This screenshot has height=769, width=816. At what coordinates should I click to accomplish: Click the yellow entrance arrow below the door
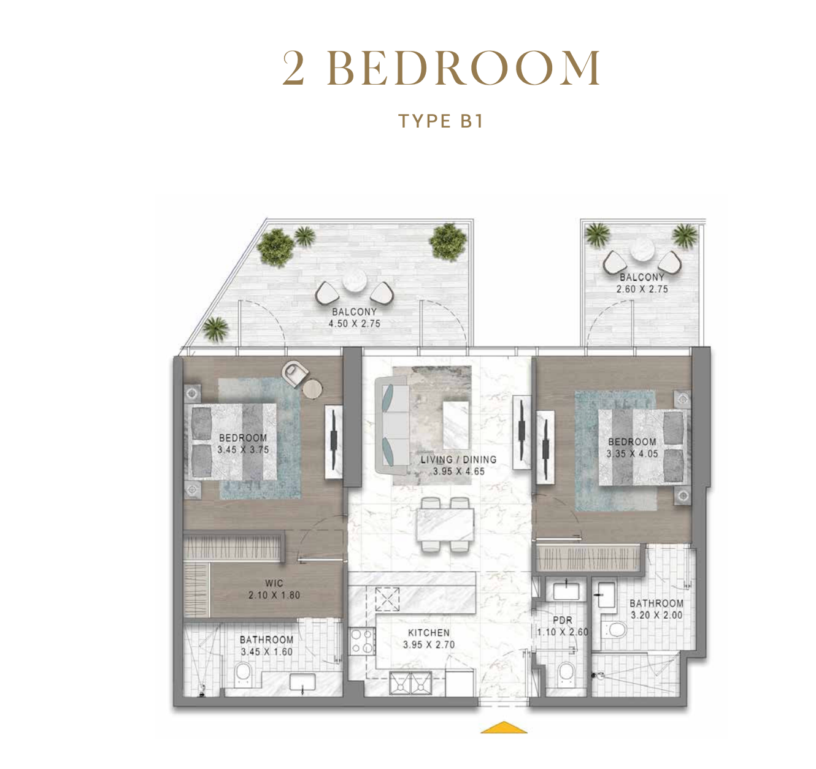[503, 727]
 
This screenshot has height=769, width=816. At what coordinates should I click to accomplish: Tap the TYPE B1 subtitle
[441, 121]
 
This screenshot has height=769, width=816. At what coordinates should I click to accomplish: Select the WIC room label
[274, 583]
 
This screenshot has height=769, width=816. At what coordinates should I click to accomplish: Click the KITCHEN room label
[428, 633]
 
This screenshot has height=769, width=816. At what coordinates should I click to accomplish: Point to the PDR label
[562, 621]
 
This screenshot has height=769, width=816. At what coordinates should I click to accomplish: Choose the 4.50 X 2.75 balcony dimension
[354, 323]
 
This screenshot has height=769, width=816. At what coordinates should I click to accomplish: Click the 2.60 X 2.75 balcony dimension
[642, 289]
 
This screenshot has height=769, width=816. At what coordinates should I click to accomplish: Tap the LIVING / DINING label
[458, 459]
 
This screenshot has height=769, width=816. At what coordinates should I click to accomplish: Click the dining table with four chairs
[445, 524]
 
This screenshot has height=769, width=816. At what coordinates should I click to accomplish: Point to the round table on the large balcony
[355, 282]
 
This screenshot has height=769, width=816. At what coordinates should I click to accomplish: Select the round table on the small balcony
[642, 249]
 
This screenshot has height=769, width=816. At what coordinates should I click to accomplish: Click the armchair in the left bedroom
[294, 373]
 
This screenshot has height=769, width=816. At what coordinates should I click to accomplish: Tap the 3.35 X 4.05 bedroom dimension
[632, 454]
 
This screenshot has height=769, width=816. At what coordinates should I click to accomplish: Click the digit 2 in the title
[293, 68]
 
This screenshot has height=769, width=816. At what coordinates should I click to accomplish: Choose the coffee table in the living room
[456, 425]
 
